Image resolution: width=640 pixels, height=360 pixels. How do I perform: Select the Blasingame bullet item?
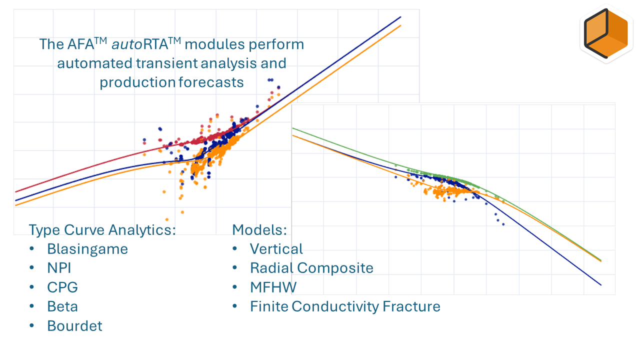[87, 249]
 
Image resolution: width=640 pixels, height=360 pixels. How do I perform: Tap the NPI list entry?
[59, 268]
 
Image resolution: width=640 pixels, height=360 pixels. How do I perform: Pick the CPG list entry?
[62, 287]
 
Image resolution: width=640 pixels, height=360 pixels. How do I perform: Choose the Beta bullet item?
[62, 306]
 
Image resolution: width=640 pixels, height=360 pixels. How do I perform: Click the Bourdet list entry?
[74, 326]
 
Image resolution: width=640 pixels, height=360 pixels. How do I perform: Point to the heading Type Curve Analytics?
[102, 230]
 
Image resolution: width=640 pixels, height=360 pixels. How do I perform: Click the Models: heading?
[259, 230]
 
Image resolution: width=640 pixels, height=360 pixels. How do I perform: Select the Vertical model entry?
[276, 249]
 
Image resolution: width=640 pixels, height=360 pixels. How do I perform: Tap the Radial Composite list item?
[311, 268]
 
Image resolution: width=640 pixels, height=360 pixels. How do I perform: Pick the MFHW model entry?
[273, 287]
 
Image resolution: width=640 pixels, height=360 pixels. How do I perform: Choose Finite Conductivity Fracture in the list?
[345, 306]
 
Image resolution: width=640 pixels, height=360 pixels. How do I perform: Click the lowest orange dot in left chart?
[166, 219]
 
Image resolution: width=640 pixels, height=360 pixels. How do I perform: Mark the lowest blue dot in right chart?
[503, 224]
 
